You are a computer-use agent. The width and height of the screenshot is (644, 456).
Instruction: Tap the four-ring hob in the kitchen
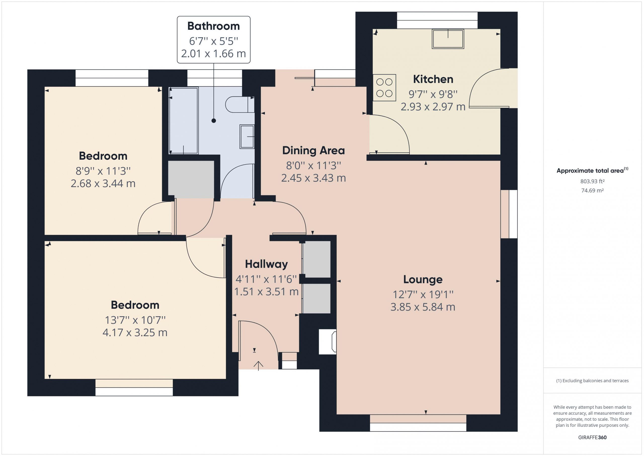(384, 88)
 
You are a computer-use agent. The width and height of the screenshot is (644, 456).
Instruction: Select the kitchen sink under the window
(448, 39)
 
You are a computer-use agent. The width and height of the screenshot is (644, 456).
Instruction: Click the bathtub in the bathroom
(184, 120)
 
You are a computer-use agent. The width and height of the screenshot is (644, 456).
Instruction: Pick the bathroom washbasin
(247, 136)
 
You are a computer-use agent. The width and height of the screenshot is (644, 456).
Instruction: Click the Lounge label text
(423, 280)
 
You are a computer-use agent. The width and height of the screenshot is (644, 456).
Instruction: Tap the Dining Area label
(313, 151)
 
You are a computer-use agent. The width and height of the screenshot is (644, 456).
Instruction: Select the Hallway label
(266, 264)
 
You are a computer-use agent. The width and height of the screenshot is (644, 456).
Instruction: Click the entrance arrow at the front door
(258, 366)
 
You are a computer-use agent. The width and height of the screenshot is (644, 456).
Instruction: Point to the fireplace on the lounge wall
(328, 342)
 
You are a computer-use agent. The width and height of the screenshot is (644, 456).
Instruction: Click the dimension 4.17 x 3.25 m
(135, 332)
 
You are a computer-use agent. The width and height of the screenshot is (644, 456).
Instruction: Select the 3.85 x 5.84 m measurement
(423, 307)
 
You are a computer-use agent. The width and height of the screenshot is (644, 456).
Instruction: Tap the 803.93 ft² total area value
(592, 181)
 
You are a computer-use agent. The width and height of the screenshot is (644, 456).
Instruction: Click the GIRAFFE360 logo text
(592, 437)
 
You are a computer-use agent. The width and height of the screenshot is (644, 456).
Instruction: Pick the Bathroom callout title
(214, 26)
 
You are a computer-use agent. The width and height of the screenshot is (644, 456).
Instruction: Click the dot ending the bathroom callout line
(214, 121)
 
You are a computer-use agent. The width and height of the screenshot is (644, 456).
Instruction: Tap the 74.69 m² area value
(592, 190)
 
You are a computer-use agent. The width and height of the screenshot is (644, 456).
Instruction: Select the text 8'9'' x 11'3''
(103, 171)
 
